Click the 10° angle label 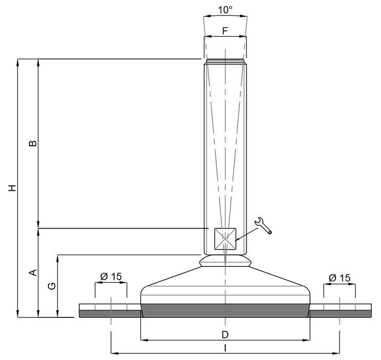[225, 10]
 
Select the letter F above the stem [225, 31]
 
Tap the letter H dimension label [12, 188]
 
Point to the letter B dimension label [33, 143]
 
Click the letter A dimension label [33, 273]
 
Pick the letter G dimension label [52, 286]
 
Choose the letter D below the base [225, 335]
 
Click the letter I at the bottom [225, 348]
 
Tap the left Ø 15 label [111, 276]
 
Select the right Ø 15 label [340, 278]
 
